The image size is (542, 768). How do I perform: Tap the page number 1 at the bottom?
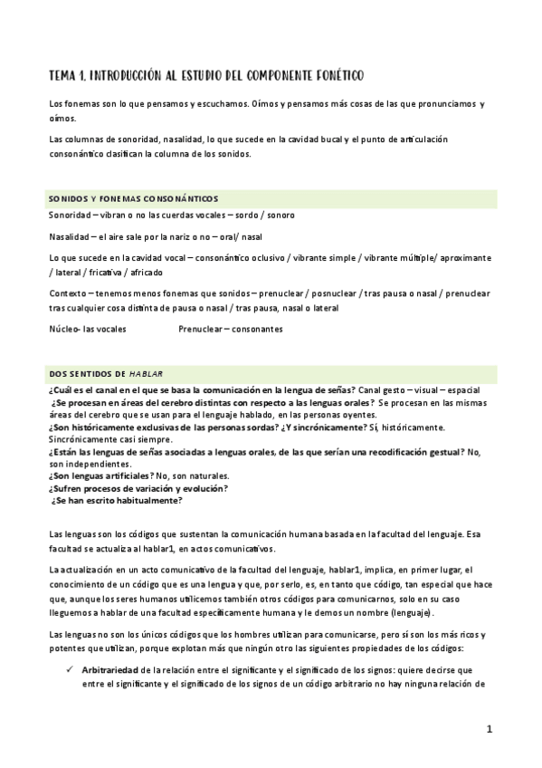tap(490, 729)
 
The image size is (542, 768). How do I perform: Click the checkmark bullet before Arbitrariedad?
tap(68, 668)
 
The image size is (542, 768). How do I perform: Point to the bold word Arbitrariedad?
tap(110, 668)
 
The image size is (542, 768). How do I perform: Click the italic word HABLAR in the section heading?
tap(146, 372)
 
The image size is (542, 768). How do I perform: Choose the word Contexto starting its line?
tap(69, 293)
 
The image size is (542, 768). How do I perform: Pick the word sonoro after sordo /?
tap(277, 215)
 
